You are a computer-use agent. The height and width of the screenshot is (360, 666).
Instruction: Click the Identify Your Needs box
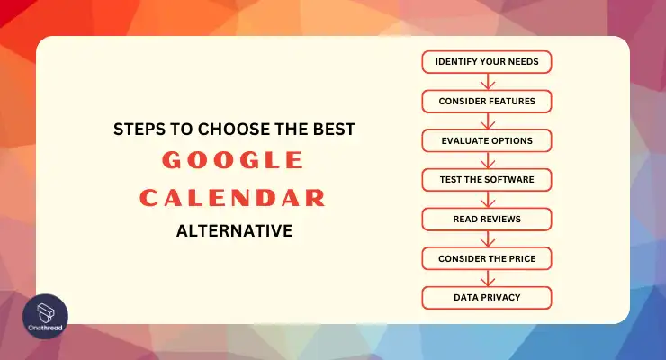tap(487, 62)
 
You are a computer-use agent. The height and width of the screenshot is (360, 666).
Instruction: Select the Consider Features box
tap(487, 102)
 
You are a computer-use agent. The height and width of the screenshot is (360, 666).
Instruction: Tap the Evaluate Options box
tap(487, 140)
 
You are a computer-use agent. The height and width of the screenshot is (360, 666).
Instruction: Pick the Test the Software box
tap(487, 180)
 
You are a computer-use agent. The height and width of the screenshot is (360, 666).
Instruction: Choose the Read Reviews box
tap(487, 219)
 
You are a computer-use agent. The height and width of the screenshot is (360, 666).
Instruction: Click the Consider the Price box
tap(487, 258)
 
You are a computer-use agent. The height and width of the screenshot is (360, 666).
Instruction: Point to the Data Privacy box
tap(487, 298)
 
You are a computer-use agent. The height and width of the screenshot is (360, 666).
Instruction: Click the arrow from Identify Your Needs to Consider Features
tap(488, 82)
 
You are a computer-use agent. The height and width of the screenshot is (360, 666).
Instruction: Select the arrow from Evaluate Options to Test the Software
tap(488, 160)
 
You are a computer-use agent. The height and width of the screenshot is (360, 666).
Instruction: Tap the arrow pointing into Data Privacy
tap(488, 278)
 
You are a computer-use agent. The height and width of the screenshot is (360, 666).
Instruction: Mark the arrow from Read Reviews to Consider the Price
tap(488, 238)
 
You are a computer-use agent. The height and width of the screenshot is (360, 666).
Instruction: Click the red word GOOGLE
tap(233, 160)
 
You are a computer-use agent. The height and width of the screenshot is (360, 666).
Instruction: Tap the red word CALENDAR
tap(233, 198)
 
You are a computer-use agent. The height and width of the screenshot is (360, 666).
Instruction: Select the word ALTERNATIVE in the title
tap(235, 231)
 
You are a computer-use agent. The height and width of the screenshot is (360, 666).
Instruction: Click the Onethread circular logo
tap(45, 316)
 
